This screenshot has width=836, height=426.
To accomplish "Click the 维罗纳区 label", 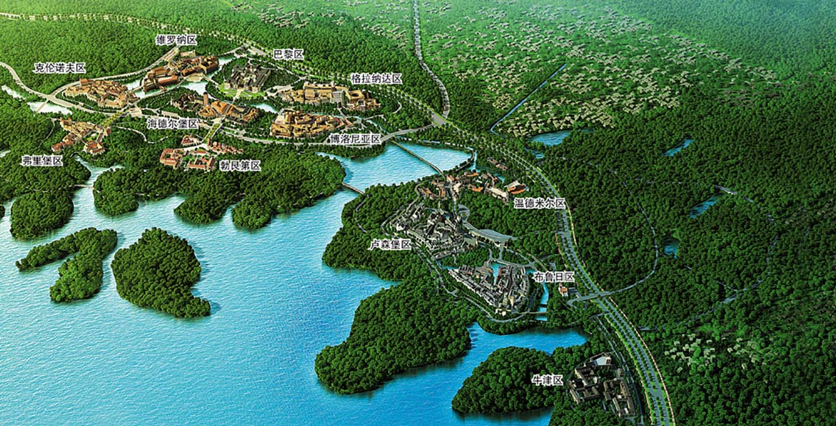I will pyautogui.click(x=176, y=40).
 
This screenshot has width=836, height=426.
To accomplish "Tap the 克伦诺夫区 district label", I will pyautogui.click(x=60, y=68).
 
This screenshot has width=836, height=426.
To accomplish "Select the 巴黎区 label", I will pyautogui.click(x=288, y=54).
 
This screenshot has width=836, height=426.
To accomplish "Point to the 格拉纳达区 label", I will pyautogui.click(x=376, y=78).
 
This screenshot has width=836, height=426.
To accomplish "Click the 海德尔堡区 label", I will pyautogui.click(x=172, y=123).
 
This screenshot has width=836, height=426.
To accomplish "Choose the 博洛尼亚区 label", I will pyautogui.click(x=355, y=139).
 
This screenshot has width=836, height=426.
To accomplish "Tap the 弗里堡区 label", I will pyautogui.click(x=42, y=160).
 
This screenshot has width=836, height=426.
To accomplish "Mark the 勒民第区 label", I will pyautogui.click(x=240, y=165).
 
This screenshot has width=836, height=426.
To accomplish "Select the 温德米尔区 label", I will pyautogui.click(x=539, y=203).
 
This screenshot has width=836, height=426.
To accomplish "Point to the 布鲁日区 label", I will pyautogui.click(x=554, y=276).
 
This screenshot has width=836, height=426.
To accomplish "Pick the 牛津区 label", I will pyautogui.click(x=546, y=379).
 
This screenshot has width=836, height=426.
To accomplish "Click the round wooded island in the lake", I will pyautogui.click(x=160, y=271).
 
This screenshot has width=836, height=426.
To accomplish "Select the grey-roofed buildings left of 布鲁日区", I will pyautogui.click(x=488, y=282).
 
